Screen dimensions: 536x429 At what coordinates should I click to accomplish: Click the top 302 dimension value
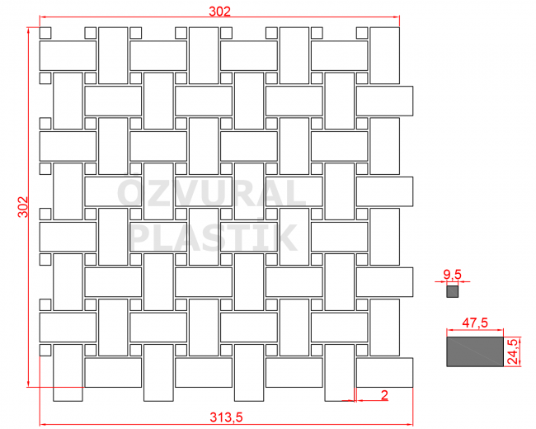pyautogui.click(x=220, y=12)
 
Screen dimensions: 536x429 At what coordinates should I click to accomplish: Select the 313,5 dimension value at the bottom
pyautogui.click(x=226, y=417)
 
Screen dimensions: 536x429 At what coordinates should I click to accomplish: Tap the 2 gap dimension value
pyautogui.click(x=384, y=395)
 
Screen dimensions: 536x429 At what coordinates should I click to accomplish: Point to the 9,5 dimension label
pyautogui.click(x=452, y=275)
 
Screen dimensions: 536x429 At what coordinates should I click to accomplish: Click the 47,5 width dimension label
pyautogui.click(x=475, y=323)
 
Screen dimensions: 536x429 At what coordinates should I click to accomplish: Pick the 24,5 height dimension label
pyautogui.click(x=512, y=351)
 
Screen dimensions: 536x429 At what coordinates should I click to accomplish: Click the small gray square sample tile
pyautogui.click(x=452, y=292)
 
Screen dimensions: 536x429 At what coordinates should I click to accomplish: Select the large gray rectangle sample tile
pyautogui.click(x=475, y=351)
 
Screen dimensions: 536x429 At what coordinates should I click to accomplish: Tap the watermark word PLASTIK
pyautogui.click(x=213, y=238)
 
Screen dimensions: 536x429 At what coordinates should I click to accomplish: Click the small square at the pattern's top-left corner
pyautogui.click(x=45, y=33)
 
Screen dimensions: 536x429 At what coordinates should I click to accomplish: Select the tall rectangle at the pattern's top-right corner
pyautogui.click(x=384, y=55)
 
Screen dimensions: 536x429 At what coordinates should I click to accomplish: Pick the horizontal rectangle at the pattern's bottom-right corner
pyautogui.click(x=384, y=373)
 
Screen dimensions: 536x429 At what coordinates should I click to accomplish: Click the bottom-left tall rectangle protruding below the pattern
pyautogui.click(x=68, y=373)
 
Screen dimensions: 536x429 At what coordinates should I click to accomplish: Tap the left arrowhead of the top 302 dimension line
pyautogui.click(x=42, y=16)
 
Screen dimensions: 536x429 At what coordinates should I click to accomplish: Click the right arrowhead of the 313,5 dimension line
pyautogui.click(x=410, y=425)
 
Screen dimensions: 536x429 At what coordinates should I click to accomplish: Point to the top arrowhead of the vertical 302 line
pyautogui.click(x=28, y=30)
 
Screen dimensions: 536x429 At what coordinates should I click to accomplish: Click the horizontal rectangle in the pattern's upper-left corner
pyautogui.click(x=68, y=56)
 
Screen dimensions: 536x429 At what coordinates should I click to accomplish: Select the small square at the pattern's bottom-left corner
pyautogui.click(x=45, y=350)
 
